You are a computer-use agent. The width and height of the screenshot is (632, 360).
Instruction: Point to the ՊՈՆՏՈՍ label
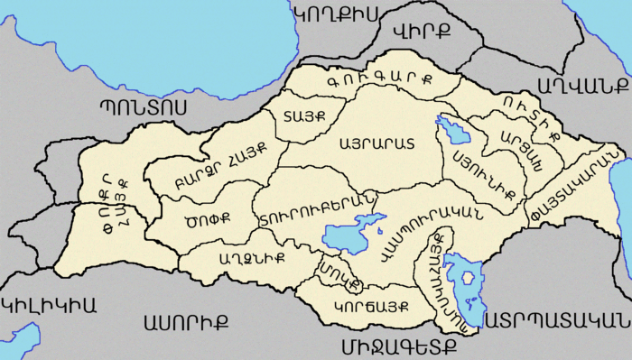pos(144,106)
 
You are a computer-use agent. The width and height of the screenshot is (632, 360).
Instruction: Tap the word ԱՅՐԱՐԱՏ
pos(376,143)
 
